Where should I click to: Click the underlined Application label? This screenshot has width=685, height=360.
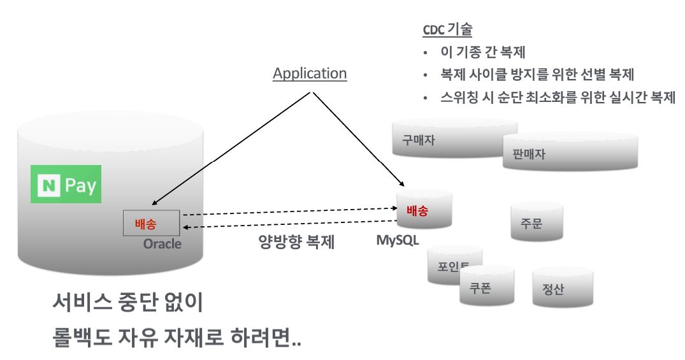click(x=310, y=73)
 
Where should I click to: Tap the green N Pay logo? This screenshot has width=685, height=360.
click(x=66, y=185)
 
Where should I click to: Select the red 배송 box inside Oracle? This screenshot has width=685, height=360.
click(x=151, y=222)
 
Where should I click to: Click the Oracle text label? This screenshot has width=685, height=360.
click(x=162, y=244)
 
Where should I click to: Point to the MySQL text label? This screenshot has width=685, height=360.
click(x=398, y=240)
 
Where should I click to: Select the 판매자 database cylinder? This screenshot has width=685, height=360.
click(x=570, y=154)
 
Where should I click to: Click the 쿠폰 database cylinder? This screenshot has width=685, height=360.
click(x=486, y=287)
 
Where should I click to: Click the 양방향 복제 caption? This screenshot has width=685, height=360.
click(x=296, y=242)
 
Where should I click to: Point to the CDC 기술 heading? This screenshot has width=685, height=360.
click(x=447, y=30)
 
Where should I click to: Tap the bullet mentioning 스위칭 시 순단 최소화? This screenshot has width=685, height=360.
click(x=558, y=97)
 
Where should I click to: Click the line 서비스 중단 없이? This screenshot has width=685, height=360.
click(x=127, y=303)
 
